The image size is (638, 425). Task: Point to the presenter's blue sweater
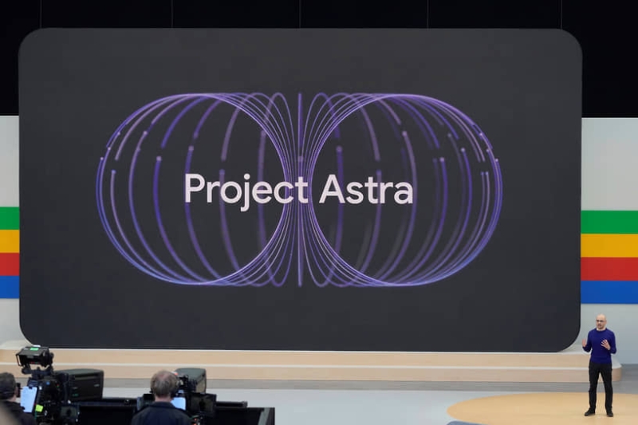tap(600, 347)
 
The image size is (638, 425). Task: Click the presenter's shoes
tap(600, 411)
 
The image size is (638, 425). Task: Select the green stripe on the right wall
tap(609, 222)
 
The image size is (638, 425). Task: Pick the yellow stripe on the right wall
tap(609, 245)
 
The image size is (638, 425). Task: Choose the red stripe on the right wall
tap(609, 268)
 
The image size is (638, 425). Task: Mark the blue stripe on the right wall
tap(609, 291)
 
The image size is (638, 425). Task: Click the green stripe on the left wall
tap(9, 218)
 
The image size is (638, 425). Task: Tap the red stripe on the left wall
tap(9, 264)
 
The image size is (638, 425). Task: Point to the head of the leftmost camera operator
tap(7, 386)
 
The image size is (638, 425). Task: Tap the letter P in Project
tap(193, 189)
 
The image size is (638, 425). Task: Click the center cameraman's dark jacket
tap(159, 415)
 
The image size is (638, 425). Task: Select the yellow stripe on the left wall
tap(9, 241)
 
